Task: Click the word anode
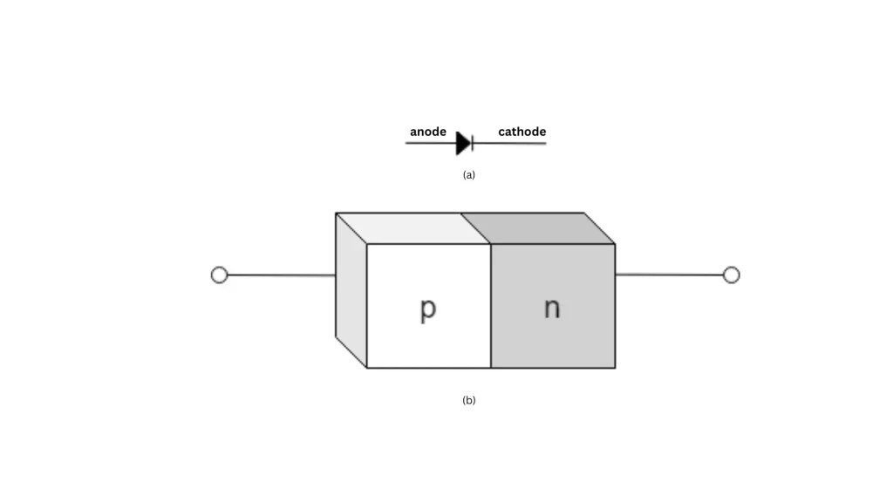427,132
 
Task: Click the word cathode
521,132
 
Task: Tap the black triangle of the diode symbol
463,143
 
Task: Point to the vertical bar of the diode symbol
472,143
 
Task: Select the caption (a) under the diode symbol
469,175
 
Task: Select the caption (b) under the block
469,401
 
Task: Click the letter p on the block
427,309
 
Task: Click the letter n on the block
552,309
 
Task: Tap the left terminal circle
219,275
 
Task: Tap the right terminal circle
732,275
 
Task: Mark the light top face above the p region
414,228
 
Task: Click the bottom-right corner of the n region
615,368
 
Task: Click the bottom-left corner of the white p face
367,368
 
